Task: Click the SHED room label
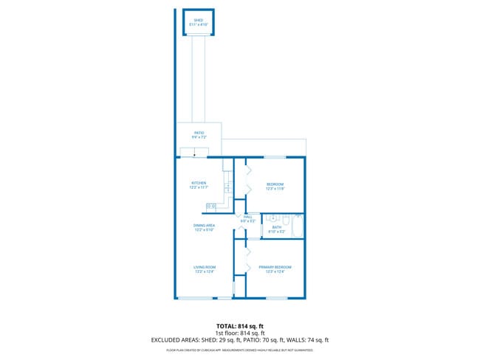click(x=198, y=22)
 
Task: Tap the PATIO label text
click(x=198, y=135)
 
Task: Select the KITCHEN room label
click(x=198, y=185)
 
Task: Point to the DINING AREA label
click(x=204, y=227)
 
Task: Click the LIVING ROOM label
click(x=204, y=269)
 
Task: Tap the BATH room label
click(x=277, y=229)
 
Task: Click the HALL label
click(x=247, y=218)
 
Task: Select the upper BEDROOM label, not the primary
click(x=275, y=186)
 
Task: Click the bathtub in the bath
click(x=298, y=226)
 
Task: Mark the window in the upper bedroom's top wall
click(x=275, y=157)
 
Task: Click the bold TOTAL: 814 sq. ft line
click(x=239, y=325)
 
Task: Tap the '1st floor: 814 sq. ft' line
click(x=239, y=333)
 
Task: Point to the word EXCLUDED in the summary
click(x=166, y=340)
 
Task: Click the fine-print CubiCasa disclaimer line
click(x=239, y=350)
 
